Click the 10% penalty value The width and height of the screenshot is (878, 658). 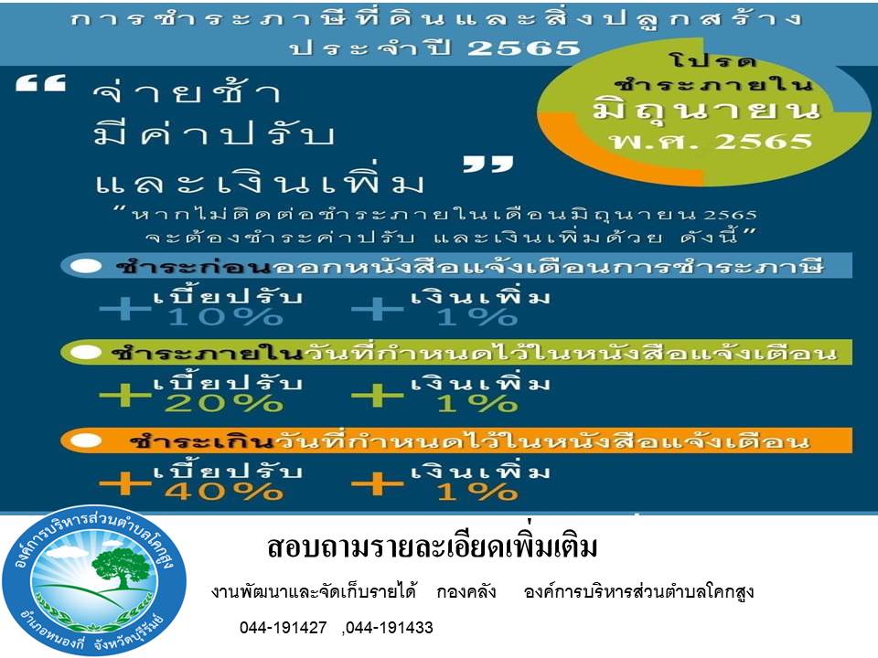[225, 317]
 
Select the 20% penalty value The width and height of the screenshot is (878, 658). [224, 403]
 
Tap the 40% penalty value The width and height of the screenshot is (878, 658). [224, 492]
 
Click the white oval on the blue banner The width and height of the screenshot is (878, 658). [85, 266]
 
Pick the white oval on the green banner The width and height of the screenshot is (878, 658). [85, 353]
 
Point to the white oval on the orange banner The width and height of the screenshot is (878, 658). [85, 440]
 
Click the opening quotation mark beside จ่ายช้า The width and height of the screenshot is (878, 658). [41, 83]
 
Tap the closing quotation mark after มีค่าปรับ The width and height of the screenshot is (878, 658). [488, 164]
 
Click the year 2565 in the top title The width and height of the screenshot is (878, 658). [524, 48]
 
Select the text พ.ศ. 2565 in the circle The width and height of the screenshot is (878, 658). [712, 141]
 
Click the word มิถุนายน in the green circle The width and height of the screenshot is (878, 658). [707, 110]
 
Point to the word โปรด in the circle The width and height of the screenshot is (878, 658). [712, 60]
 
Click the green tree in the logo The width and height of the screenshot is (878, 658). [122, 565]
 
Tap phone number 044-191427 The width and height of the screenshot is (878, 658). [283, 628]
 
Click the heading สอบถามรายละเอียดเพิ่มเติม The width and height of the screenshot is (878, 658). [433, 547]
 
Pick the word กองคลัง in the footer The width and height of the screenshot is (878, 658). [466, 591]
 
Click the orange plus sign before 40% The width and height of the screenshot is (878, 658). [125, 484]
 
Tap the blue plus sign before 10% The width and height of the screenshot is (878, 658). [125, 309]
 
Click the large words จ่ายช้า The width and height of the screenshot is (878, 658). [187, 92]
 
